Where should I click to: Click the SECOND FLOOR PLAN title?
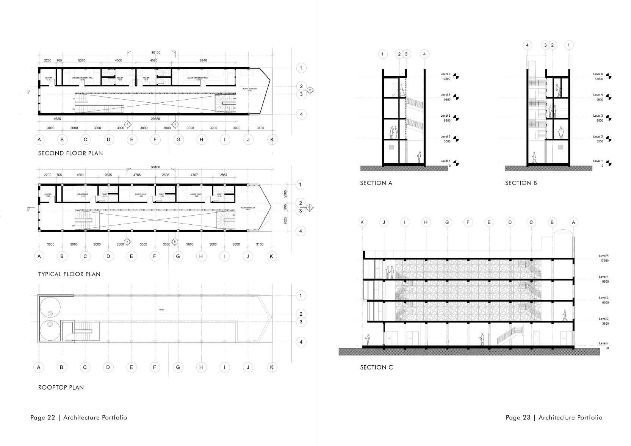70,153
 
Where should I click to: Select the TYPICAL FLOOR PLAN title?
69,274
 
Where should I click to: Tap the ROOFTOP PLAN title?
61,387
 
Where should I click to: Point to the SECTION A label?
376,183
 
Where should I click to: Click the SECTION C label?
376,367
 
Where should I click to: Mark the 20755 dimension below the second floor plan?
155,119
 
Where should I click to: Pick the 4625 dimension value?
57,119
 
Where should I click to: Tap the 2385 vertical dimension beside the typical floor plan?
286,194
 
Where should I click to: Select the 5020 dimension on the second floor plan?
81,60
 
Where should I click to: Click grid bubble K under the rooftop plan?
271,367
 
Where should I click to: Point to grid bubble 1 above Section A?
382,54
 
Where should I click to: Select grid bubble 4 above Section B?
527,45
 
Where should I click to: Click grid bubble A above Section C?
573,222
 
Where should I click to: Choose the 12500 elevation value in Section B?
598,79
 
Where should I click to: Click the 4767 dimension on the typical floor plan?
194,175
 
